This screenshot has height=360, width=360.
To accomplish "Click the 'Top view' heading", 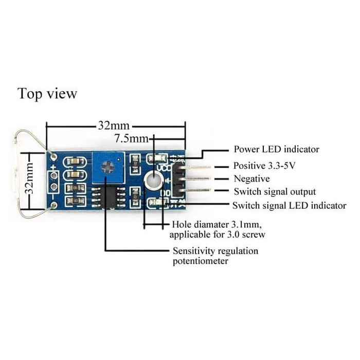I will point(47,94).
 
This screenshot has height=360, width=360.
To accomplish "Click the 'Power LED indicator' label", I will point(276,150).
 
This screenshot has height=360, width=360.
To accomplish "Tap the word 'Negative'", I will point(251,179).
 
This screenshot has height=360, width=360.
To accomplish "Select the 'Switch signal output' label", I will point(275,192).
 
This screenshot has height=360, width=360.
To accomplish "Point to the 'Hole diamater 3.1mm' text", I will point(217,225).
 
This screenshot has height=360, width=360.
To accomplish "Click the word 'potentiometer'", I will point(201,261).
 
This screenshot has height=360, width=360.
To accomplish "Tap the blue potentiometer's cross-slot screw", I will point(108,167).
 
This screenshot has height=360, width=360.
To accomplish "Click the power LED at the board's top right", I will point(157,159).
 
